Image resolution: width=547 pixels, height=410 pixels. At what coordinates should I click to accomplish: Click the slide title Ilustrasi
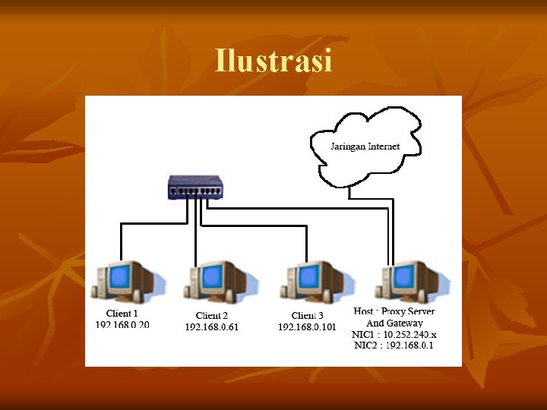tap(273, 61)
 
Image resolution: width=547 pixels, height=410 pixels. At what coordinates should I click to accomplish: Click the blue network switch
tap(196, 187)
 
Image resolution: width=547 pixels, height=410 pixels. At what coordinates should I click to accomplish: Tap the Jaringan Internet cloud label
tap(365, 146)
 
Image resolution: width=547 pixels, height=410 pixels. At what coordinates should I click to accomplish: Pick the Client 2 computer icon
tap(215, 282)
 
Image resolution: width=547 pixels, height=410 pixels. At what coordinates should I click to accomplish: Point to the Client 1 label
tap(122, 314)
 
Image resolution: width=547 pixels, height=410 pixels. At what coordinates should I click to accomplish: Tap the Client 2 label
tap(212, 316)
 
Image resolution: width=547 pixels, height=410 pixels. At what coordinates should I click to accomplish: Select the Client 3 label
tap(307, 316)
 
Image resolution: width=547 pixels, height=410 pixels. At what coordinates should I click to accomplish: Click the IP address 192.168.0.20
tap(122, 324)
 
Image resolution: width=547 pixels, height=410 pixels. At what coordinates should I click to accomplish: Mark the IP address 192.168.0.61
tap(212, 327)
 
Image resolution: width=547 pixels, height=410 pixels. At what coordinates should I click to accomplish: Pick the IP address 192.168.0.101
tap(307, 327)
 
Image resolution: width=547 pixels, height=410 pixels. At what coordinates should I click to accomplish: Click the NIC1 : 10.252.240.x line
tap(394, 334)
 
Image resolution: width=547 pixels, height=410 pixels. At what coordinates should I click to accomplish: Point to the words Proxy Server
tap(408, 312)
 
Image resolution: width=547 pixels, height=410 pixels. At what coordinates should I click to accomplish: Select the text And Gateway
tap(395, 323)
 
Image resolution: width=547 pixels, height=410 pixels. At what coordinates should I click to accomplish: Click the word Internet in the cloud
tap(384, 146)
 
